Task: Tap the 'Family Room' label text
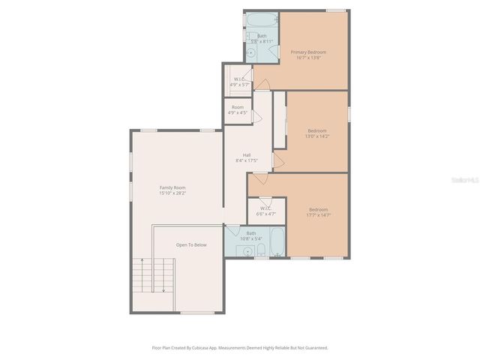pyautogui.click(x=172, y=187)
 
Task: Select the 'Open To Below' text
pyautogui.click(x=191, y=245)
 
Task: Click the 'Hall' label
pyautogui.click(x=247, y=155)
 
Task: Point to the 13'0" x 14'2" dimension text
pyautogui.click(x=317, y=136)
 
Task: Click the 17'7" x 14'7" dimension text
pyautogui.click(x=318, y=215)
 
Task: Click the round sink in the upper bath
pyautogui.click(x=251, y=52)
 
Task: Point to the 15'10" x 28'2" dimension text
pyautogui.click(x=172, y=193)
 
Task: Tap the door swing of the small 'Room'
pyautogui.click(x=256, y=116)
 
